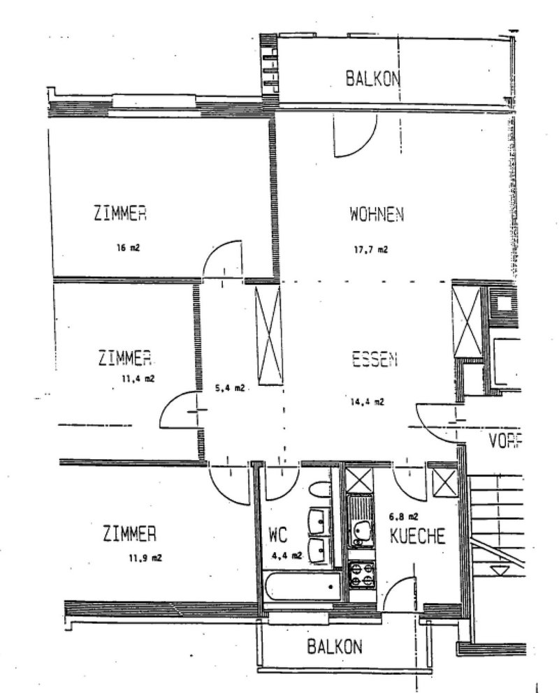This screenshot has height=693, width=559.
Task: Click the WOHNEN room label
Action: [377, 214]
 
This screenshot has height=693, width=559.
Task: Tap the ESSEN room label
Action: [375, 359]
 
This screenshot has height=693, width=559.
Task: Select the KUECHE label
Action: [418, 537]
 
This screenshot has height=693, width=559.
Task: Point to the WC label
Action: [279, 537]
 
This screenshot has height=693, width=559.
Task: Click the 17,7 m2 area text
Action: [370, 248]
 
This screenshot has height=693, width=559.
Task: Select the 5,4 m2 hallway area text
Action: [229, 388]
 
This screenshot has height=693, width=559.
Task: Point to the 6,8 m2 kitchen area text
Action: [403, 517]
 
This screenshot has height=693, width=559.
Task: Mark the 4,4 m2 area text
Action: [286, 556]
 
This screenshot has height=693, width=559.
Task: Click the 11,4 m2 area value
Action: [137, 379]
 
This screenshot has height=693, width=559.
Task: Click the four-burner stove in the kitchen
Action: [362, 574]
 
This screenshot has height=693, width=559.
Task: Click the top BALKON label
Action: [373, 78]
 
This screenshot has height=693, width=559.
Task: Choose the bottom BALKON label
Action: [335, 647]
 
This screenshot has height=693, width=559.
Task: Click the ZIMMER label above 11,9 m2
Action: [129, 535]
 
